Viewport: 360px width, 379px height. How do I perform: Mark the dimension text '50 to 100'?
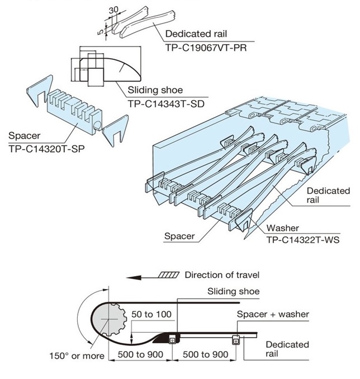tap(151, 314)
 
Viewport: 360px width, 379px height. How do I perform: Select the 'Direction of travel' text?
tap(222, 275)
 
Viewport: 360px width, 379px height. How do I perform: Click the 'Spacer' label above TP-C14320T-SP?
tap(22, 136)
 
